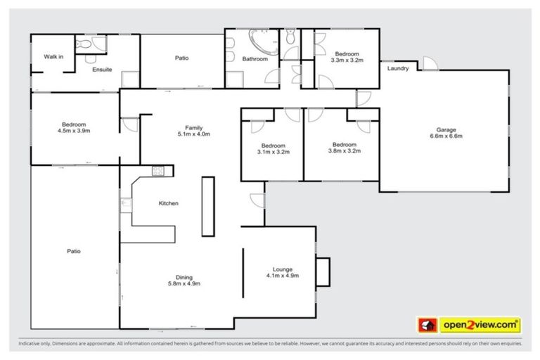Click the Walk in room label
pos(54,56)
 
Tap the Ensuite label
pos(102,70)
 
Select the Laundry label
pos(398,68)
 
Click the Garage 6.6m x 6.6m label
pos(446,134)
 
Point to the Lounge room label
pos(283,272)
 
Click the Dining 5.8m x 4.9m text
pos(184,281)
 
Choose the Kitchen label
pos(168,203)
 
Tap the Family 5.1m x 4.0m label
pos(195,131)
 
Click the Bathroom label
pos(255,59)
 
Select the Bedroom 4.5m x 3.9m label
pos(72,127)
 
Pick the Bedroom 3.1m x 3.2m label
pos(273,148)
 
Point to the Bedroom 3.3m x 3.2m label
pos(347,57)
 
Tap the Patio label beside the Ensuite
pos(181,58)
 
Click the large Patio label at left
pos(73,251)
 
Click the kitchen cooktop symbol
pos(158,171)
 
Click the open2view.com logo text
pos(480,325)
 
